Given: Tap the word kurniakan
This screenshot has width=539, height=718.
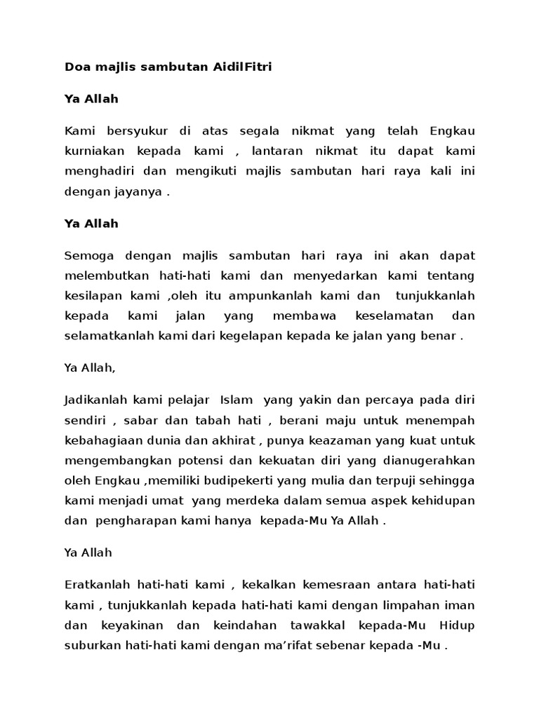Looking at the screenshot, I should tap(95, 151).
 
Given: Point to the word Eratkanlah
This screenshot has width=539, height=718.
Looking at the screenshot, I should tap(95, 584).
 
